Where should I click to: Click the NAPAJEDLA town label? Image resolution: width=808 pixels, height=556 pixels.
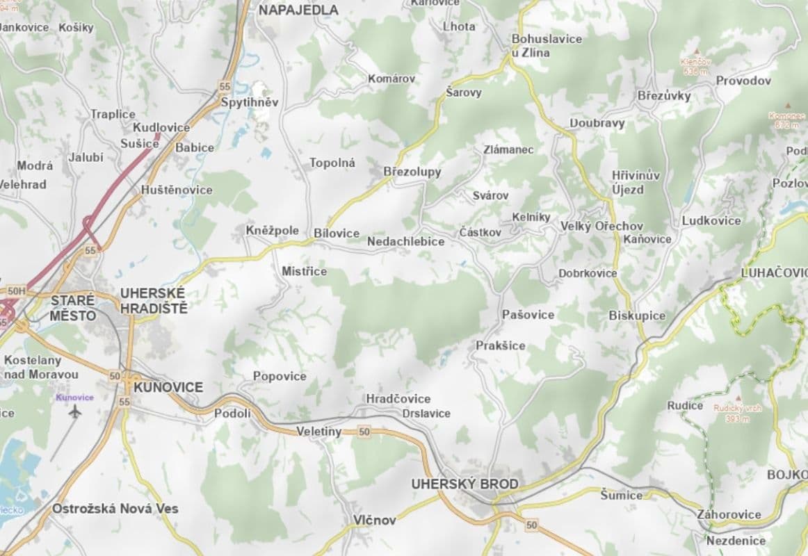pyautogui.click(x=298, y=10)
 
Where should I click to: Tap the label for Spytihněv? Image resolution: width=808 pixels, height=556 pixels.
pyautogui.click(x=249, y=102)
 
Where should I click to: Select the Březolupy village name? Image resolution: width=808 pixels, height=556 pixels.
pyautogui.click(x=412, y=172)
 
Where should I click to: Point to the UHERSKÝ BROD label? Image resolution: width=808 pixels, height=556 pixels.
pyautogui.click(x=464, y=484)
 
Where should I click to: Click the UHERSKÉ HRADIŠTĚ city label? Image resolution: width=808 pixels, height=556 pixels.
pyautogui.click(x=154, y=300)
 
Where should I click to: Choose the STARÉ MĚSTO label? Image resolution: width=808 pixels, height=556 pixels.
pyautogui.click(x=73, y=308)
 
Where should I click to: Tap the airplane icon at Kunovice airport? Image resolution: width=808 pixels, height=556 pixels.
pyautogui.click(x=75, y=411)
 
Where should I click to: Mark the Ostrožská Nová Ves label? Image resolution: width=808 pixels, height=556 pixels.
pyautogui.click(x=115, y=509)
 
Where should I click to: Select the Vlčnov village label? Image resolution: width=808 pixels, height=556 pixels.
pyautogui.click(x=374, y=520)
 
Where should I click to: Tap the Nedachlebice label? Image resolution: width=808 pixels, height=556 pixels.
pyautogui.click(x=405, y=241)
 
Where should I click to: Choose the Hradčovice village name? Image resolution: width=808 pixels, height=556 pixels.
pyautogui.click(x=398, y=399)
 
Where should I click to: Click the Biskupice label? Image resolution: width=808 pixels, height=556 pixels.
pyautogui.click(x=637, y=316)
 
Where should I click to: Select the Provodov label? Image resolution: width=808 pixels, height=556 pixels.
pyautogui.click(x=743, y=81)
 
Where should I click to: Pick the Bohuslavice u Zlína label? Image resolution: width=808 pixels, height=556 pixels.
pyautogui.click(x=547, y=45)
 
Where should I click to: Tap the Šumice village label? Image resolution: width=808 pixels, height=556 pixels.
pyautogui.click(x=622, y=495)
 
